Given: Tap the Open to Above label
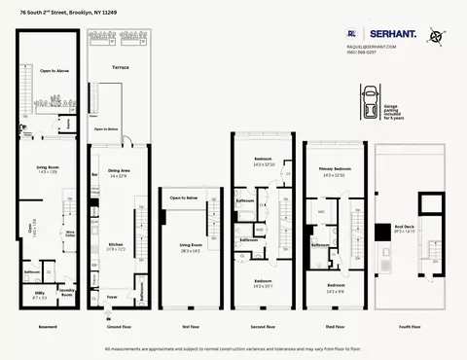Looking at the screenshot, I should tap(53, 70).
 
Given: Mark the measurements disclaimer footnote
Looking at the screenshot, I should tap(233, 348).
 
